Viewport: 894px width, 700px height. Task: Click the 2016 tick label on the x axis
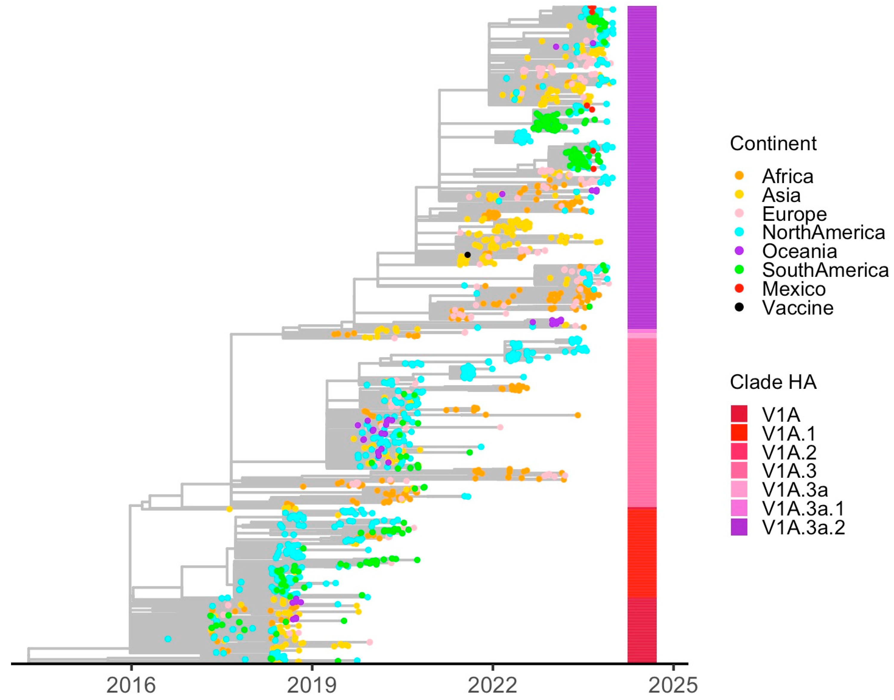131,685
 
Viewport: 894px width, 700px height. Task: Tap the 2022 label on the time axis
492,685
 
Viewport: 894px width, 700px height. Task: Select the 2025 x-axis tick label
673,685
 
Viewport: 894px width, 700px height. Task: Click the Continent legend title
773,144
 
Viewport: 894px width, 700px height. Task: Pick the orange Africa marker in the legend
739,176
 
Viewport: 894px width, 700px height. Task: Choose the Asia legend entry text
781,195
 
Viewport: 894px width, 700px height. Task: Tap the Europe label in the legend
794,214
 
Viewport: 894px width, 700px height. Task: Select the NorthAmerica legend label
824,232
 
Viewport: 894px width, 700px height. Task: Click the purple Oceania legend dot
739,251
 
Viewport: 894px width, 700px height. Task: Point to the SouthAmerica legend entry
825,270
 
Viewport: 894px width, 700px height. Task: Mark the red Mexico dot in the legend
739,289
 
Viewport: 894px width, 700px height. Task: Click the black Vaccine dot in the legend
739,307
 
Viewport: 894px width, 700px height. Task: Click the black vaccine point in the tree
467,255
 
